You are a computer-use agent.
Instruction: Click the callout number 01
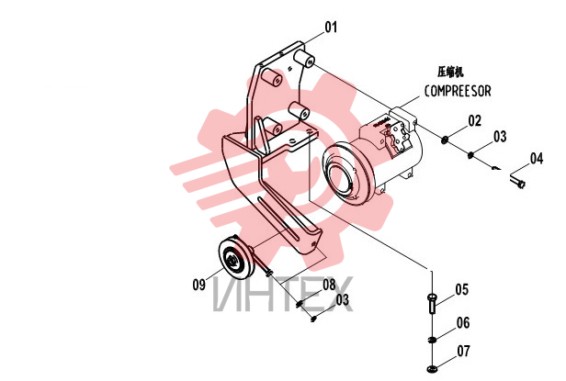point(331,27)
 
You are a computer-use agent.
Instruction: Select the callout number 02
point(475,121)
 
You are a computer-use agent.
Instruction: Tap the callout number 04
point(537,159)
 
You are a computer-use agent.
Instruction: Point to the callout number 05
point(461,289)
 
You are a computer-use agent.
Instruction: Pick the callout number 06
point(463,322)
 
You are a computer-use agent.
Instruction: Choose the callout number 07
point(464,351)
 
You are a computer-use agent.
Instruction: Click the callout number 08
point(329,285)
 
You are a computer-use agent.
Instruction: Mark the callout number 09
point(198,285)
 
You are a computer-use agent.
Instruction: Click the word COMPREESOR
point(458,91)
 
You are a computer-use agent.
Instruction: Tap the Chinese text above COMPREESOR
point(450,72)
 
